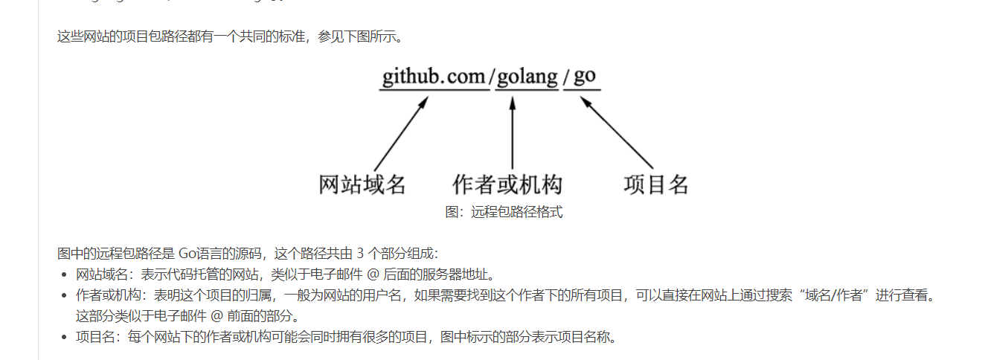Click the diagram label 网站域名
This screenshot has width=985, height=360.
[x=362, y=184]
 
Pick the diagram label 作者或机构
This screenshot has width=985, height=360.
[x=507, y=184]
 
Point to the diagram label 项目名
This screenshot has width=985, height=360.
[x=655, y=184]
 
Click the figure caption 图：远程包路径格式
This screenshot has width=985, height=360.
[x=504, y=212]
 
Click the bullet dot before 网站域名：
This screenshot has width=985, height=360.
[x=65, y=274]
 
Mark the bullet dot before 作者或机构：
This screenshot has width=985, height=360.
[x=65, y=295]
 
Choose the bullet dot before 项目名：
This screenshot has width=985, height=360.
[x=65, y=338]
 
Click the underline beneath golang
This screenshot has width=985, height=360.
[x=527, y=89]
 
